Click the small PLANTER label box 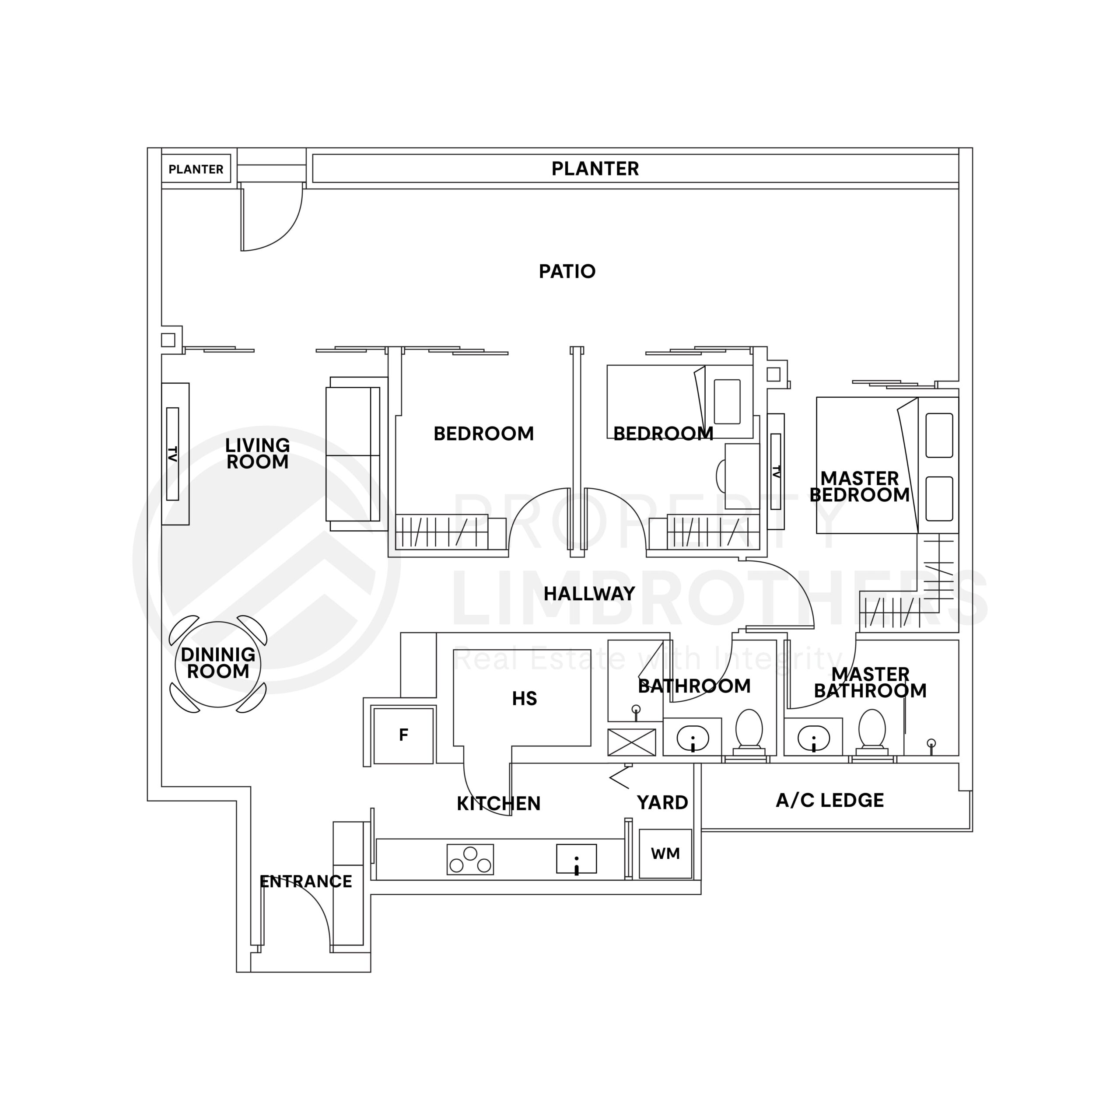coord(196,169)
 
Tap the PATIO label coord(567,271)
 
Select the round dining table coord(218,664)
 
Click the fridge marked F coord(403,735)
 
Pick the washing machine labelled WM coord(665,853)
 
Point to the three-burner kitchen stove coord(470,859)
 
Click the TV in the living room coord(173,454)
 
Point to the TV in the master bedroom coord(776,471)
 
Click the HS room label coord(524,699)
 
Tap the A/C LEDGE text coord(829,801)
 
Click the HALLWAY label coord(589,594)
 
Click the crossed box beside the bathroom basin coord(631,742)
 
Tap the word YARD coord(662,802)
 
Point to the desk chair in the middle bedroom coord(721,476)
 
